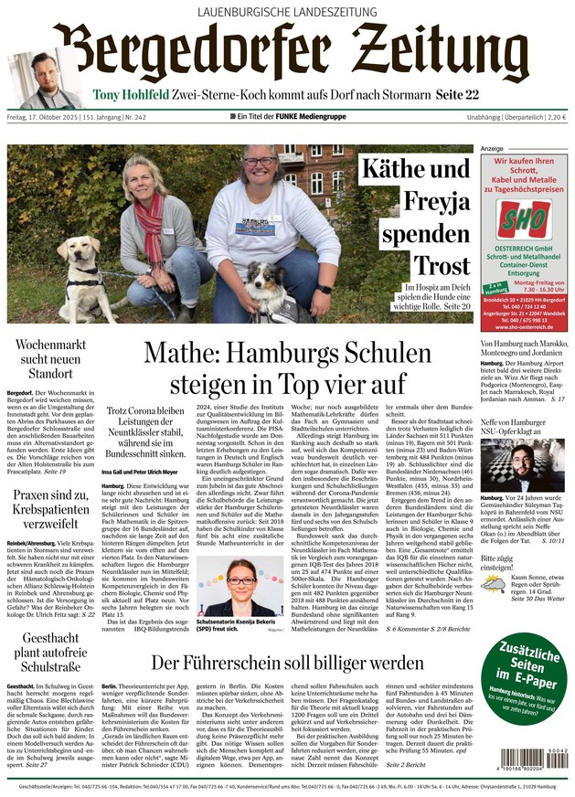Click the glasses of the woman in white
pos(259,163)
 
